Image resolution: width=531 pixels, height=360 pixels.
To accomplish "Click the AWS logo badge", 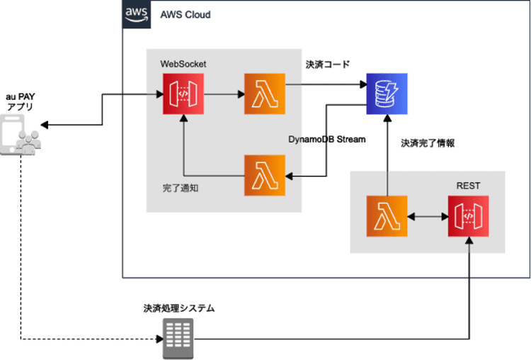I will [136, 14].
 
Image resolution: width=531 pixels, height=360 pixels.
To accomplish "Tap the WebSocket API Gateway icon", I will [183, 93].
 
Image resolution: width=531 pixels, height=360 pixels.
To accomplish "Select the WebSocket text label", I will [183, 64].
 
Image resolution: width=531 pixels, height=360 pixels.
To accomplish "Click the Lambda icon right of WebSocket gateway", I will [264, 93].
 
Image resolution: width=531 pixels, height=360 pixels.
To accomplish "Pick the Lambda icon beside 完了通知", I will [264, 175].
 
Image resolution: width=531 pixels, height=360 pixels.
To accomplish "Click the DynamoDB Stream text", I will [328, 140].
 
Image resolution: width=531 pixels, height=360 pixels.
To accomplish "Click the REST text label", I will [469, 186].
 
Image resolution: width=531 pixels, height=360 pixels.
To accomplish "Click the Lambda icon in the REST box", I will [387, 216].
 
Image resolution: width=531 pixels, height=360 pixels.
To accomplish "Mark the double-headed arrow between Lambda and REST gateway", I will [428, 216].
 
